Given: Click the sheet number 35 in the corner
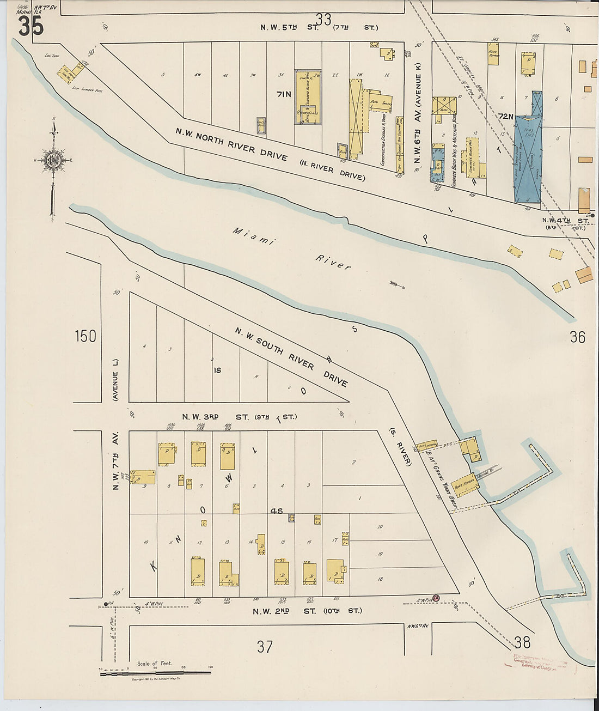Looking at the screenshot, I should pyautogui.click(x=30, y=26).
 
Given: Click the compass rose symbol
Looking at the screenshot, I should pyautogui.click(x=53, y=160).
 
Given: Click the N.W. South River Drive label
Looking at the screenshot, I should pyautogui.click(x=291, y=357).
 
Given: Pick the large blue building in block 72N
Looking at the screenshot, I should pyautogui.click(x=528, y=158).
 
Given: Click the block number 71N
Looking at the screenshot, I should pyautogui.click(x=284, y=94).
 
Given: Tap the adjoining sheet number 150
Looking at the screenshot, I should pyautogui.click(x=85, y=336).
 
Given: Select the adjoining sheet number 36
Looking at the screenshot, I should pyautogui.click(x=577, y=337).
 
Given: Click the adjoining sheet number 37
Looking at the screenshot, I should pyautogui.click(x=265, y=647).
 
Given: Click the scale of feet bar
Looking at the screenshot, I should pyautogui.click(x=156, y=674).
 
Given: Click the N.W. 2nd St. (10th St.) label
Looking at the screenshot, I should pyautogui.click(x=307, y=611).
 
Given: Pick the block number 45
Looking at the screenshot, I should pyautogui.click(x=277, y=511).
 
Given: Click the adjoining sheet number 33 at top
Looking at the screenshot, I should pyautogui.click(x=323, y=20).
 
